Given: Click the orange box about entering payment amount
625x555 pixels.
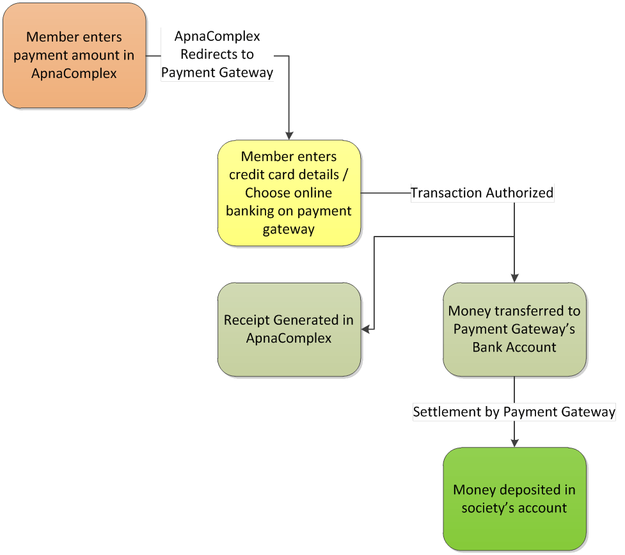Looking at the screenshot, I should pos(74,56).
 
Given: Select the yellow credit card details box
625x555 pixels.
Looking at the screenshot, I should pos(289,192).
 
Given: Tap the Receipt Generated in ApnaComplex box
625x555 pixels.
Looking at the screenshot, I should pos(289,329).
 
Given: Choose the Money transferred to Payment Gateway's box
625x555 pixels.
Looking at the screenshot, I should pos(514,329).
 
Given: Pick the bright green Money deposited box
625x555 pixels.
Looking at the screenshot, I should pos(514,499).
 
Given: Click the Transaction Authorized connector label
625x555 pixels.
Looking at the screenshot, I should pos(482,192).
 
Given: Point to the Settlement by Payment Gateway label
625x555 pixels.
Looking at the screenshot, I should pos(514,412).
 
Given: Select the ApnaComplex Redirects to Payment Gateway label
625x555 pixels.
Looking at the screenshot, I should pos(218,55).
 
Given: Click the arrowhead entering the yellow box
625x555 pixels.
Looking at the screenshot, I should pos(289,136).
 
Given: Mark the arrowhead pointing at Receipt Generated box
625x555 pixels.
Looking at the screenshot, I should pos(366,329).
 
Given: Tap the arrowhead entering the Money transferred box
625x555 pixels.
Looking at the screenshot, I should pos(515,278).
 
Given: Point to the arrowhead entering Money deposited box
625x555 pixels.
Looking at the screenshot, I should pos(515,443).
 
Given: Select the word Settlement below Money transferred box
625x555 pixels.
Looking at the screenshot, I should pos(443,412).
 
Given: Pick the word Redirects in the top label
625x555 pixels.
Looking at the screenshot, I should pos(218,55).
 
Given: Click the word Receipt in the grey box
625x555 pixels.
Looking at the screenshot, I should pos(247,320).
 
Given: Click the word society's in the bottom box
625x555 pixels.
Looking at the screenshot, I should pos(488,508).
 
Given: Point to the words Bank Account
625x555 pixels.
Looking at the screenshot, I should pos(514,347).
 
